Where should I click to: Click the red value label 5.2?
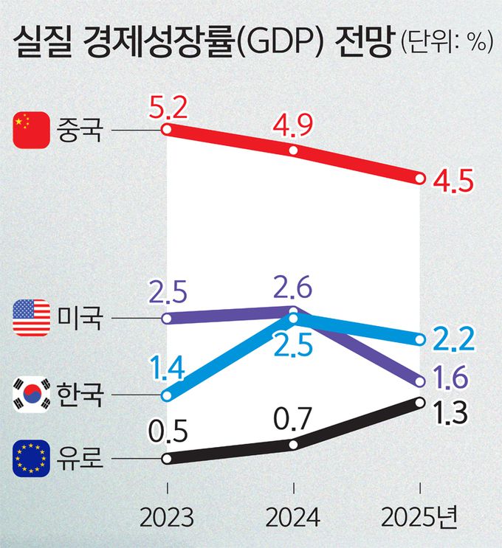pos(168,110)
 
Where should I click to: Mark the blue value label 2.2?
pos(452,339)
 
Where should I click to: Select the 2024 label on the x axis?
pos(293,516)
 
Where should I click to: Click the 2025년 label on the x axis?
pos(419,516)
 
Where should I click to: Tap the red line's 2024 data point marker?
pos(293,150)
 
